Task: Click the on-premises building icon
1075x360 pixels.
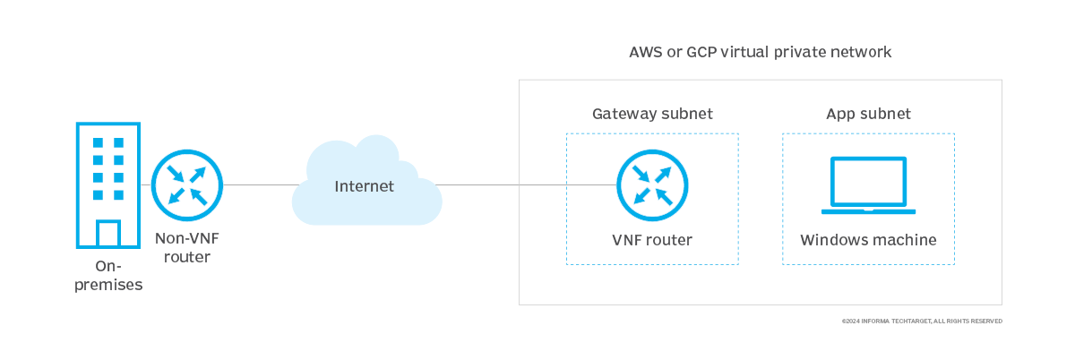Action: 107,185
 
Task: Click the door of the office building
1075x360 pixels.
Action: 107,234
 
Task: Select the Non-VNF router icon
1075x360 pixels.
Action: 186,185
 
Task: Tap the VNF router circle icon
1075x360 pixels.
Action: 652,185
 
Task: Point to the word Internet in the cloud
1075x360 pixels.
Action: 364,186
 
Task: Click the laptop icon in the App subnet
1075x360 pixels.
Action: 868,186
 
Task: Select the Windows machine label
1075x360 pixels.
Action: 868,240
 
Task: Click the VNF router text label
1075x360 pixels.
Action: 652,240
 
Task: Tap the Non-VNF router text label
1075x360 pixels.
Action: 183,248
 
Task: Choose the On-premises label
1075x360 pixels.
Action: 108,276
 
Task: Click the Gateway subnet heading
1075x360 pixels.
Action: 652,114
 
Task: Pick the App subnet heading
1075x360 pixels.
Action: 868,114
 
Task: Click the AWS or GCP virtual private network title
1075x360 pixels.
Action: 761,52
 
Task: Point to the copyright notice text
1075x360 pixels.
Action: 922,321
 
